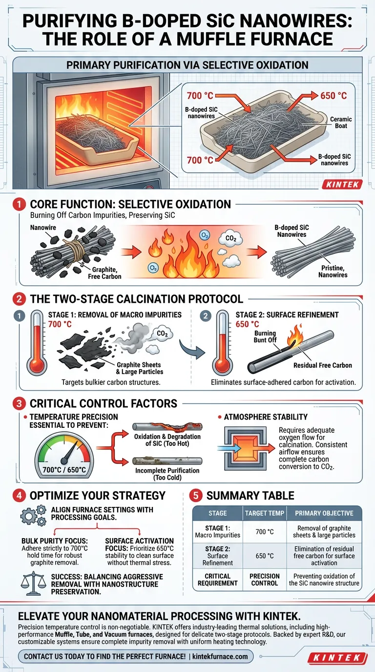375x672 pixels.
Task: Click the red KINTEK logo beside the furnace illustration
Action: tap(342, 184)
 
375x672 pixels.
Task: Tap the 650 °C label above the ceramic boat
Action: tap(333, 96)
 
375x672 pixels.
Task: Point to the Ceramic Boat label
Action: tap(341, 123)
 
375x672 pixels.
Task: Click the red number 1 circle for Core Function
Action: tap(19, 205)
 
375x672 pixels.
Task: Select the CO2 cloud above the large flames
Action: tap(230, 239)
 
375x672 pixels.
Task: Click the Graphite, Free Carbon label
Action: tap(104, 273)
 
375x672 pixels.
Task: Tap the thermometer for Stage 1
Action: tap(37, 343)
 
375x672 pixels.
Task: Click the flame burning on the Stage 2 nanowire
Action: tap(294, 336)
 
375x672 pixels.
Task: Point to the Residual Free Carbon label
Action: tap(322, 365)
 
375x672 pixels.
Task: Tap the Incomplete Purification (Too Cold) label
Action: tap(167, 474)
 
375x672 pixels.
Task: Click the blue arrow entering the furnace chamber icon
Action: tap(229, 448)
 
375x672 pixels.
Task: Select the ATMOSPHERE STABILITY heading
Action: tap(266, 417)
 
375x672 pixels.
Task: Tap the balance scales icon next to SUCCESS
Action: tap(33, 584)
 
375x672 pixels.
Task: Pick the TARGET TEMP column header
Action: tap(264, 513)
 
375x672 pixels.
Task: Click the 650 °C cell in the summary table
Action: tap(265, 556)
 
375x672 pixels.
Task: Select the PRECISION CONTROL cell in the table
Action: tap(265, 580)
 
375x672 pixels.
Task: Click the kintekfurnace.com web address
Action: tap(220, 656)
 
